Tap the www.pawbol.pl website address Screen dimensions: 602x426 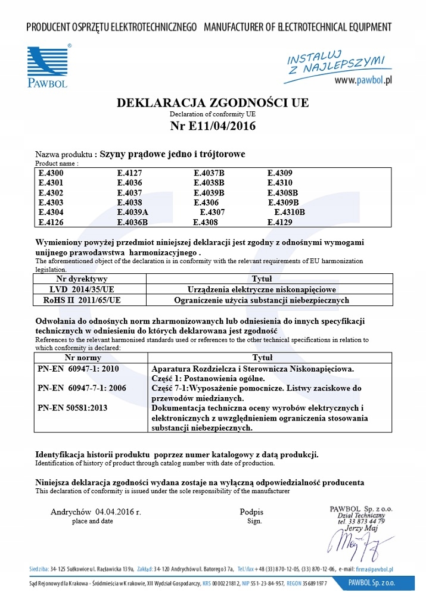point(362,80)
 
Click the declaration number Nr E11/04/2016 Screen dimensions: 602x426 point(213,126)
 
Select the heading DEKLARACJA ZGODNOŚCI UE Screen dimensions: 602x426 point(213,102)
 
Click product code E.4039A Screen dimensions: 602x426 point(132,213)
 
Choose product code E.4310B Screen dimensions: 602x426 point(290,213)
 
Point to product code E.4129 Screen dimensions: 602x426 point(280,222)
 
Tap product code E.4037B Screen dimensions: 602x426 point(209,173)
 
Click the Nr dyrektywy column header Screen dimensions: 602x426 point(82,279)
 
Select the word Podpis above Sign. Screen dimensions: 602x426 point(251,512)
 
